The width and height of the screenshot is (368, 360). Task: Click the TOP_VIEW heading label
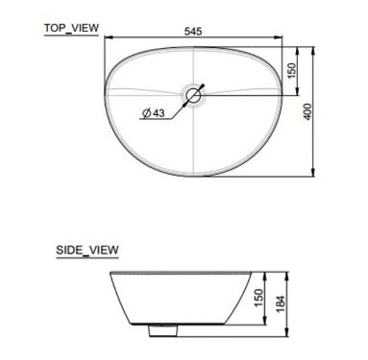point(71,28)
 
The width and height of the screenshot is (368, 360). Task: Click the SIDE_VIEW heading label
point(87,250)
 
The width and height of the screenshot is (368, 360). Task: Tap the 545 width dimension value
point(193,32)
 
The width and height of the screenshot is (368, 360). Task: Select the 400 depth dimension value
point(307,111)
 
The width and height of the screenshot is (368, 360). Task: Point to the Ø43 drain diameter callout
point(154,113)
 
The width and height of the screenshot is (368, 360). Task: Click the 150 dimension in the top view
point(292,71)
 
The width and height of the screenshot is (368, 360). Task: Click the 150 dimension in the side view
point(258,298)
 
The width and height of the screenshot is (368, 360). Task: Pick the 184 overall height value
point(281,304)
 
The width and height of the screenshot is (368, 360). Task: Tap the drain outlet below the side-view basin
point(163,330)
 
